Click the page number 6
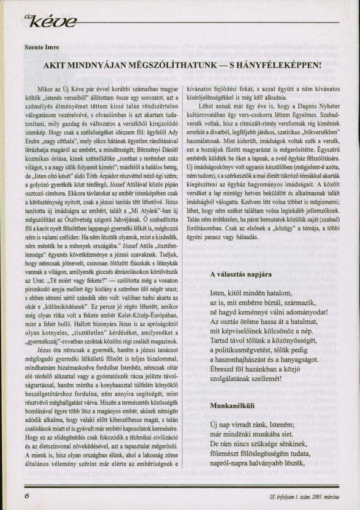[x=27, y=496]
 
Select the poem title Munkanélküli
[x=232, y=405]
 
